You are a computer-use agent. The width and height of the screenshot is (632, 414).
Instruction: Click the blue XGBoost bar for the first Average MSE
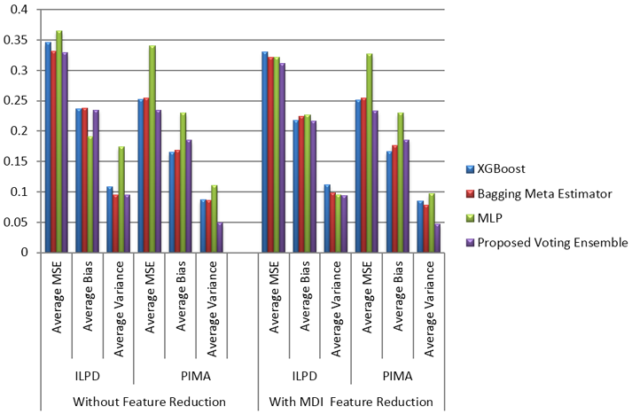pyautogui.click(x=49, y=147)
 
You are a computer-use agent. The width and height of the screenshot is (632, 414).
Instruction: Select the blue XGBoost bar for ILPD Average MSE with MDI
pyautogui.click(x=264, y=152)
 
